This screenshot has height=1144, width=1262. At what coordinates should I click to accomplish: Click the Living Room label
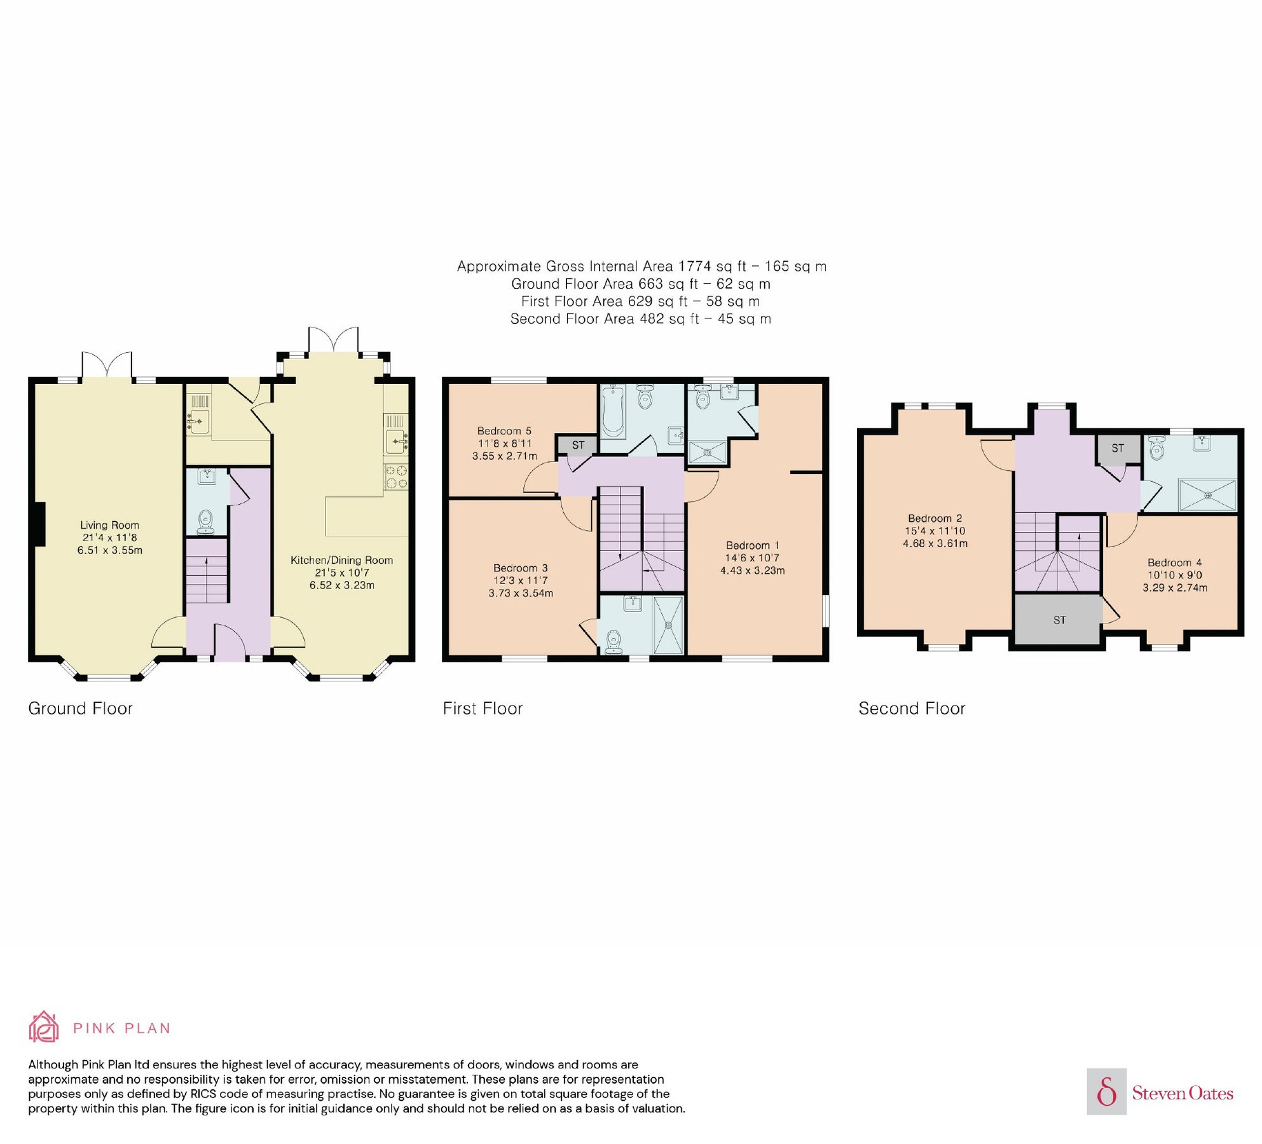point(109,525)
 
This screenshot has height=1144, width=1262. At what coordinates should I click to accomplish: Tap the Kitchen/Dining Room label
point(341,560)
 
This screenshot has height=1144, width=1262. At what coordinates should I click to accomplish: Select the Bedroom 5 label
point(504,431)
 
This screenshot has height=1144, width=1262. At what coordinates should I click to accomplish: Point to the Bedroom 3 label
point(520,568)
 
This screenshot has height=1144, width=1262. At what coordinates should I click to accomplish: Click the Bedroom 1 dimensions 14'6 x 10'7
point(752,558)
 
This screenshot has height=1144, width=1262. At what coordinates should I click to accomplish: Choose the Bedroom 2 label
point(935,519)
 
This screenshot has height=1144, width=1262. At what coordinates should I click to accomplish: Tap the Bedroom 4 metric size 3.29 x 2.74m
point(1174,588)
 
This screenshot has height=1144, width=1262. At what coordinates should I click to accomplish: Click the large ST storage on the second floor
point(1059,620)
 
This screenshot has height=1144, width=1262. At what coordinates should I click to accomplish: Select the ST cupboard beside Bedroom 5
point(577,445)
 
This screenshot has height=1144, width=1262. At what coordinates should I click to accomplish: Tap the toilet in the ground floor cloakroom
point(205,521)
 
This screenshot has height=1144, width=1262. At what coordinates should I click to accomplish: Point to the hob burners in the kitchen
point(396,477)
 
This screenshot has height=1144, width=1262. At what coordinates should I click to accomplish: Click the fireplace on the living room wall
point(39,524)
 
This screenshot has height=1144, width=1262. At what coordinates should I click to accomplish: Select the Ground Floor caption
point(80,709)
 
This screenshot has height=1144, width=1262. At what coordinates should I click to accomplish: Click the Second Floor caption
point(911,709)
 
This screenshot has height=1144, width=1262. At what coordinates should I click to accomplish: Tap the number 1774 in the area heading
point(695,266)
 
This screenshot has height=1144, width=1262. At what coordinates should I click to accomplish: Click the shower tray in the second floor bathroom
point(1207,496)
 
